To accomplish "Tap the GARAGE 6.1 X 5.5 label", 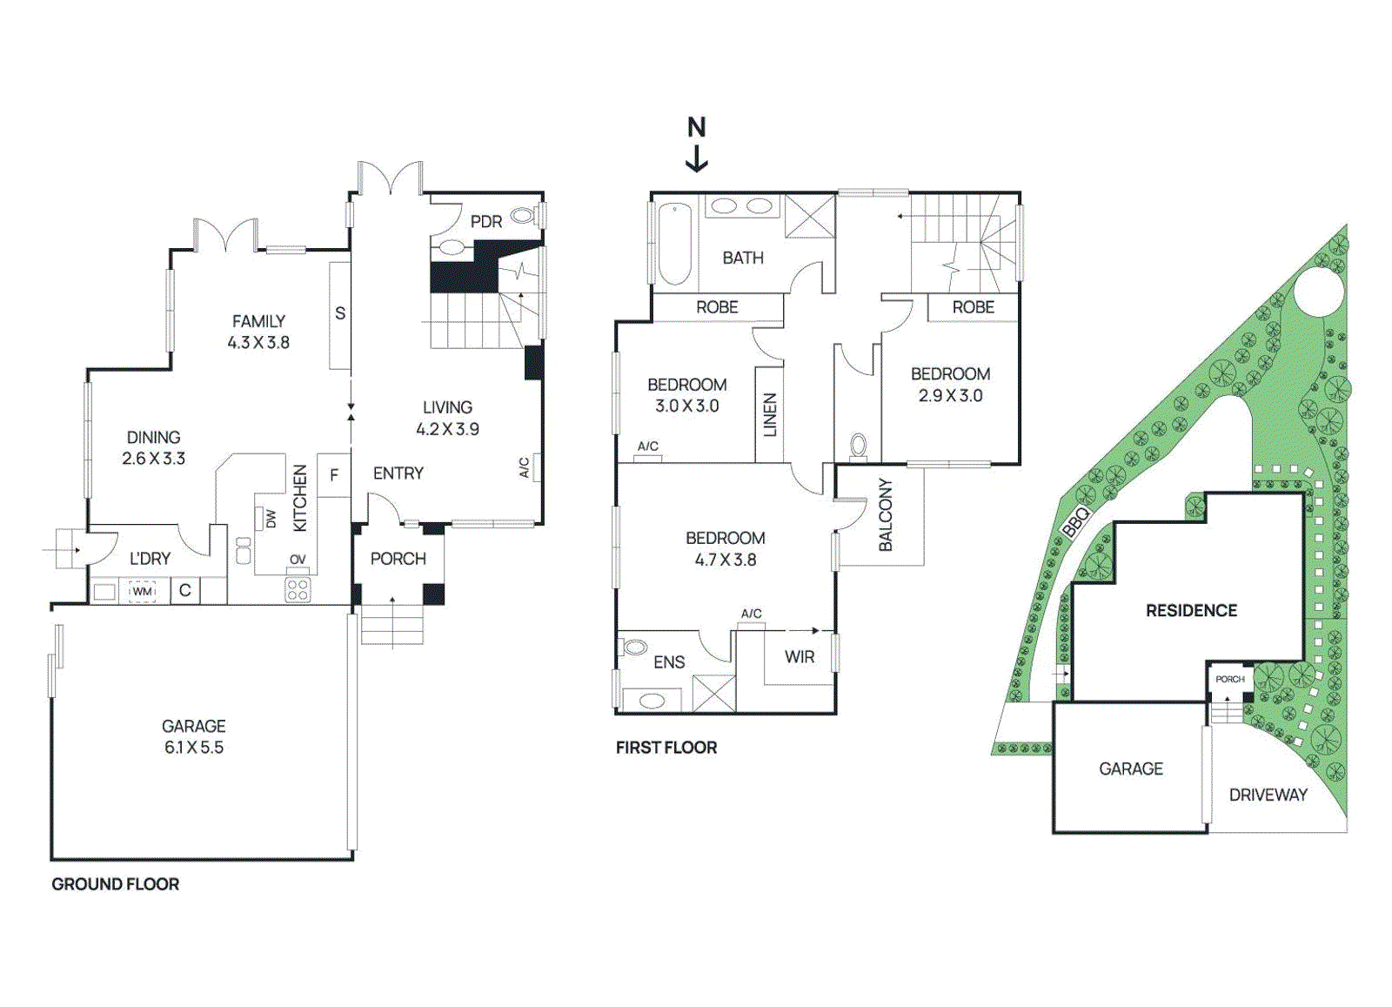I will pos(193,736).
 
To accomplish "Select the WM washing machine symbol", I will pos(142,592).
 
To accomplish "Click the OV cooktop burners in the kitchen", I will pos(298,589).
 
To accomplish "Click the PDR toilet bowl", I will pos(523,215).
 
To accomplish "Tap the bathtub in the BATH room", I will pos(675,244).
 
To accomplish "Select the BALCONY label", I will pos(886,514).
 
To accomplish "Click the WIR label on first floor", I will pos(800,657).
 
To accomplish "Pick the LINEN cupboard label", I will pos(770,415).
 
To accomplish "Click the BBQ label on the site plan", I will pos(1076,522).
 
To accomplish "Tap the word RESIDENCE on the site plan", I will pos(1191,611).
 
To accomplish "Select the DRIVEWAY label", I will pos(1268,795).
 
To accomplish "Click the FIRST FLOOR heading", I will pos(666,748).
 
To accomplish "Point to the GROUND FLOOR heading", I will pos(116,884).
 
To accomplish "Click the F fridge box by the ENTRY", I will pos(334,475).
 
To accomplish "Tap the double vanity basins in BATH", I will pos(742,206).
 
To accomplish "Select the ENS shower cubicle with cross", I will pos(714,694).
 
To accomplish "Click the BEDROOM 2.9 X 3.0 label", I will pos(950,384).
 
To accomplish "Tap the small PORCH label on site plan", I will pos(1229,679).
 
